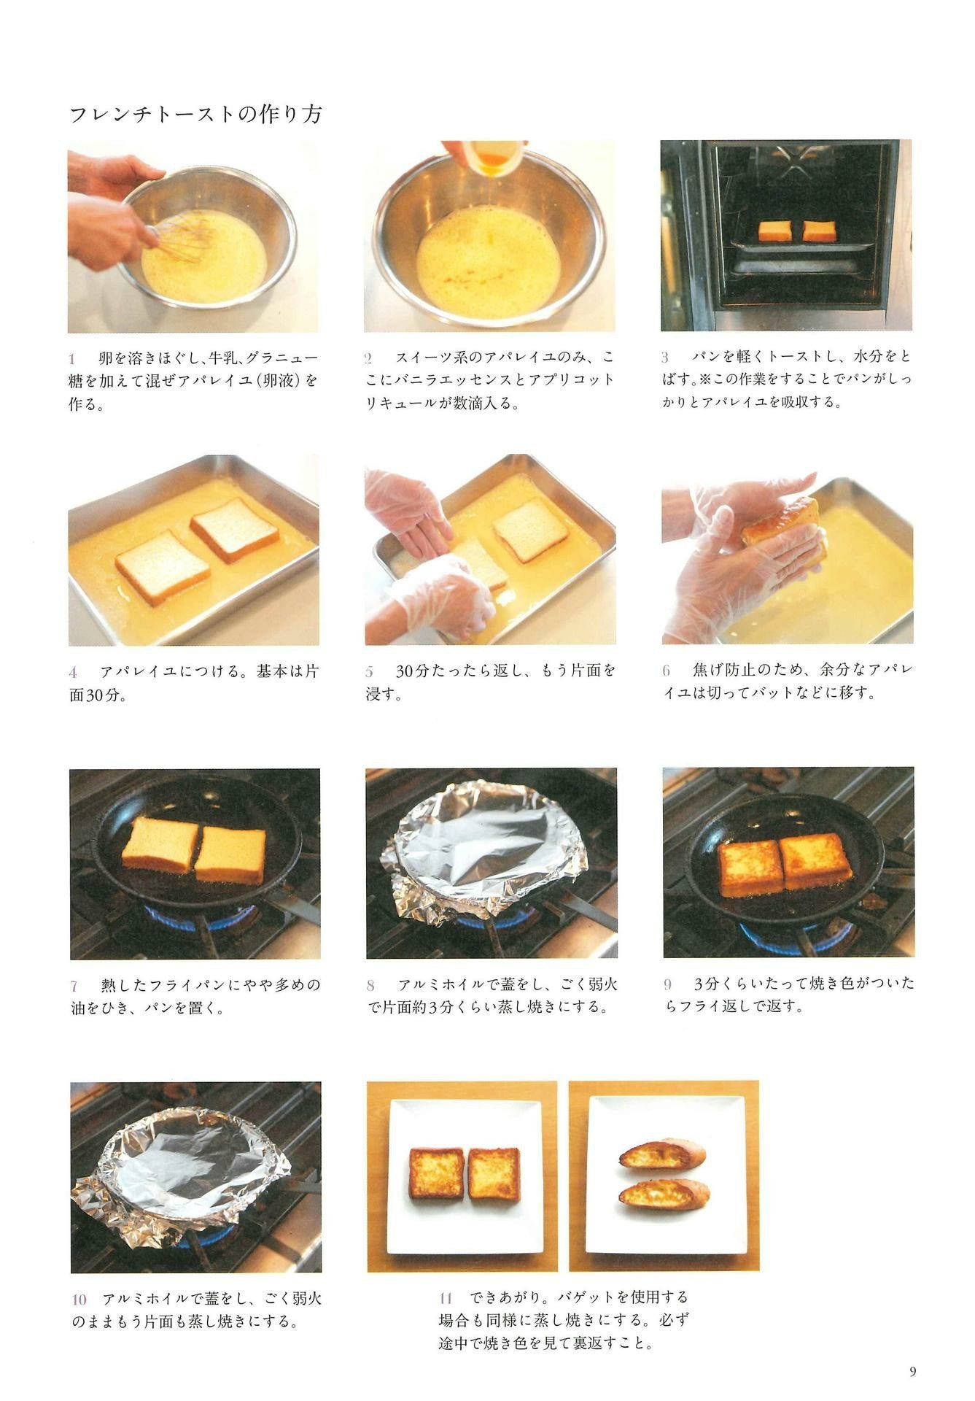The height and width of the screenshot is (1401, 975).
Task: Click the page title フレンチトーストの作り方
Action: tap(195, 114)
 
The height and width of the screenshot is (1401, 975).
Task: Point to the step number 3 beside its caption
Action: tap(665, 358)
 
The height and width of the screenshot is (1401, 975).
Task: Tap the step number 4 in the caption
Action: tap(73, 672)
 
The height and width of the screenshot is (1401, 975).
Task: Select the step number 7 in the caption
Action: tap(74, 987)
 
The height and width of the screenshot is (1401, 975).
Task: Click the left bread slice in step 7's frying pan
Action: tap(160, 844)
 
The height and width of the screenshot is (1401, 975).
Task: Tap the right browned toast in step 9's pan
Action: tap(815, 862)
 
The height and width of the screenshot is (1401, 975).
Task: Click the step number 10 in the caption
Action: tap(79, 1300)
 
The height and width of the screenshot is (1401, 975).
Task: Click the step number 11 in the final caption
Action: tap(446, 1298)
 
